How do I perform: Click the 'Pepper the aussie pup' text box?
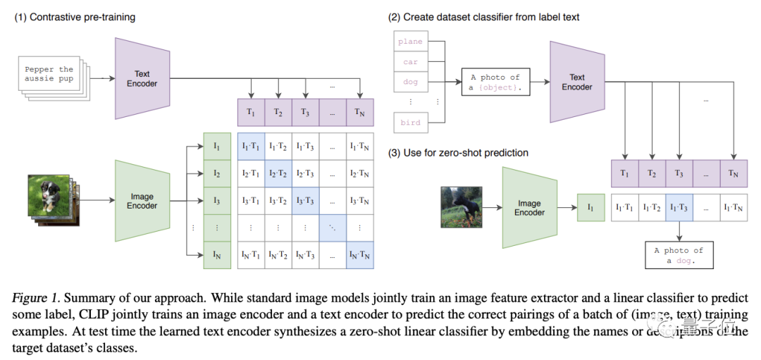[x=49, y=75]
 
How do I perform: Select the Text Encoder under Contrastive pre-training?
[x=142, y=78]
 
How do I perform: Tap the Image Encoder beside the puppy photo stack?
[x=142, y=201]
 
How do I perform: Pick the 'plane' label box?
[x=410, y=42]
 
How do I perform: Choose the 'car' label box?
[x=410, y=61]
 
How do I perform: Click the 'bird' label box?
[x=410, y=123]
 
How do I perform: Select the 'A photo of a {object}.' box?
[x=495, y=82]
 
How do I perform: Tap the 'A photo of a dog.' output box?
[x=679, y=255]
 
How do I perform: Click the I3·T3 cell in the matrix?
[x=306, y=201]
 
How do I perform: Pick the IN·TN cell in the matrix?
[x=359, y=254]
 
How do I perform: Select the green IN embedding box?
[x=216, y=254]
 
